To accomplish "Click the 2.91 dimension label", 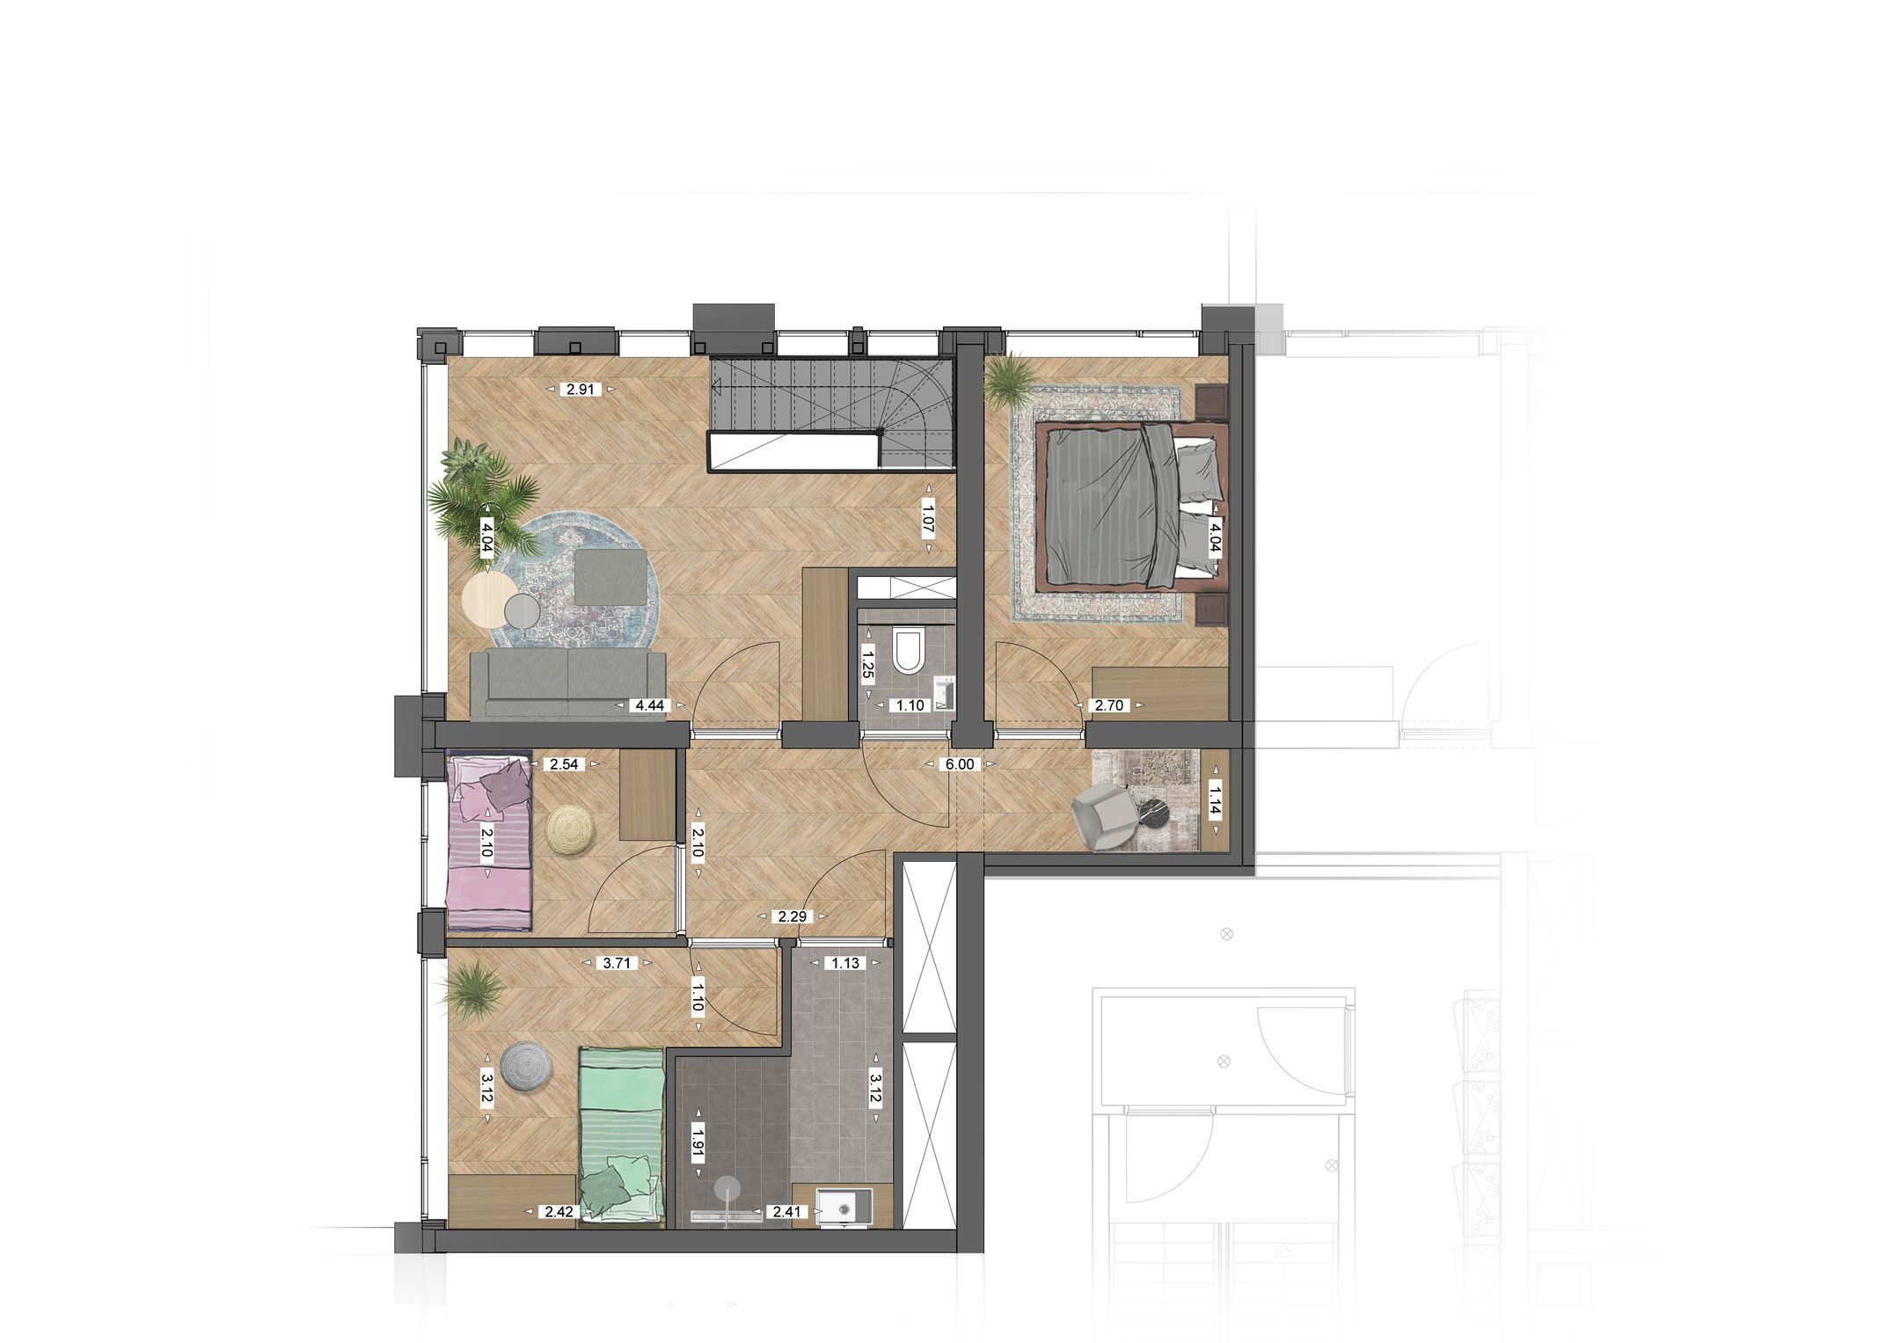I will (x=581, y=389).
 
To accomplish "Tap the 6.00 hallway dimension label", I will (x=960, y=764).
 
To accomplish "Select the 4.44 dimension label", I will (x=649, y=705).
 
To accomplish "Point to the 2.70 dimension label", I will (x=1108, y=705).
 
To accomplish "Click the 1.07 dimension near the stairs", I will (x=927, y=518).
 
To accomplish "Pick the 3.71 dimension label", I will (x=617, y=963).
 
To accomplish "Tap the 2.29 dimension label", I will (x=792, y=916).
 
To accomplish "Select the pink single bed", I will (x=488, y=843).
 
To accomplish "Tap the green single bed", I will (x=620, y=1135).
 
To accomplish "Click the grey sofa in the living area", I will (x=567, y=684).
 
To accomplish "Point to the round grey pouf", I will (x=526, y=1068).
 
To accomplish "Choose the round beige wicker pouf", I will (x=568, y=829).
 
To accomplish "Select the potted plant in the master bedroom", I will (x=1012, y=380).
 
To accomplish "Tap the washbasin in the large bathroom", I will (x=843, y=1208).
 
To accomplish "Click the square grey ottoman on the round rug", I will (x=610, y=577).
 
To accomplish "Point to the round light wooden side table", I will (x=489, y=599).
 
